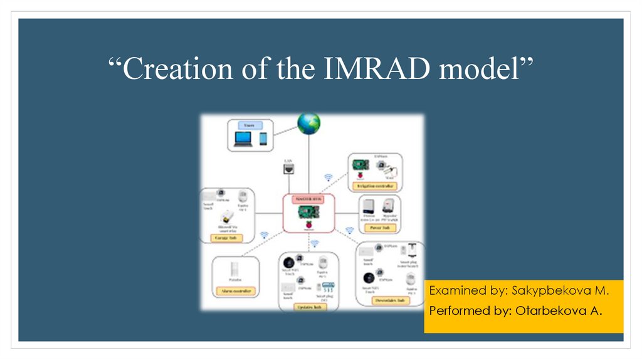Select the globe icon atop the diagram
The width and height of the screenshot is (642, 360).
pyautogui.click(x=308, y=124)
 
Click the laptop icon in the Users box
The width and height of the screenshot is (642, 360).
pyautogui.click(x=242, y=139)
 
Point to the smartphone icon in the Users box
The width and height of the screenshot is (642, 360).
pyautogui.click(x=263, y=139)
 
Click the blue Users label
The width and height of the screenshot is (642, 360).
pyautogui.click(x=249, y=126)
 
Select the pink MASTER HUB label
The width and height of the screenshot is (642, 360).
pyautogui.click(x=308, y=199)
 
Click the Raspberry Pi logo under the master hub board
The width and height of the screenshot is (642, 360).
pyautogui.click(x=308, y=224)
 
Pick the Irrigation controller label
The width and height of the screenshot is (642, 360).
pyautogui.click(x=374, y=186)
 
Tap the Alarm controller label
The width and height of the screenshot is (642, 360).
pyautogui.click(x=236, y=291)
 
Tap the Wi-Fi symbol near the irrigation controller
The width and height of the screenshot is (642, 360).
pyautogui.click(x=327, y=177)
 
